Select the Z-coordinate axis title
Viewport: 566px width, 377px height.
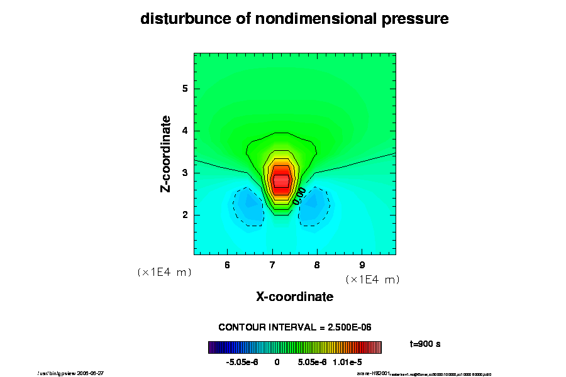tap(166, 153)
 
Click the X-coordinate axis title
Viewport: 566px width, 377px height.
tap(294, 297)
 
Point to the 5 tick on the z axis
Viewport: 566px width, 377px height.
tap(185, 89)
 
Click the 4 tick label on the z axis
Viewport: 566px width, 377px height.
tap(185, 131)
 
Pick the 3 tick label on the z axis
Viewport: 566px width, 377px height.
tap(185, 173)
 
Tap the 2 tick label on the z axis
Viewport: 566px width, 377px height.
tap(185, 215)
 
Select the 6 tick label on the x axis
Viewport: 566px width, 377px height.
tap(227, 265)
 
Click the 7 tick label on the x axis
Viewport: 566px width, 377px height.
tap(272, 265)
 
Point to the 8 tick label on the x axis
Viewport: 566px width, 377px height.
tap(317, 265)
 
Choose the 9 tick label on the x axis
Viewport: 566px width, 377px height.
tap(362, 265)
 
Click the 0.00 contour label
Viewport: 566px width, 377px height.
tap(299, 195)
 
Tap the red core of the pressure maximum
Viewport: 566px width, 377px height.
tap(280, 180)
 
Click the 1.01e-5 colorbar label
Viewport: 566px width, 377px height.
tap(348, 363)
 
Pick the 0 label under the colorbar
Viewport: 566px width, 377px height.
tap(277, 363)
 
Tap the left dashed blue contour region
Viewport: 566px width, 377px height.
tap(247, 207)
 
